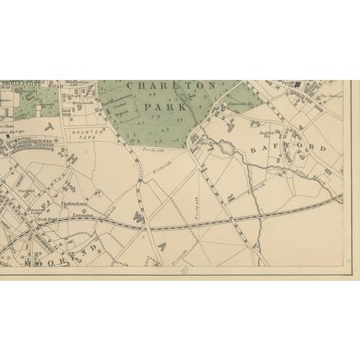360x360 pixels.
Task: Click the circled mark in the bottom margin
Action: point(184,270)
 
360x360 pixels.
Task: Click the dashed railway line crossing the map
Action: point(216,223)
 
